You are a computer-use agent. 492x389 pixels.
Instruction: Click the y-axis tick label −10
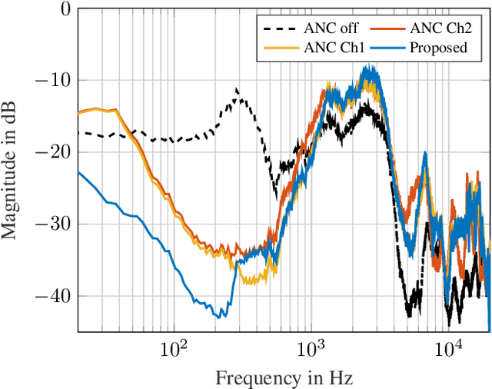pos(55,81)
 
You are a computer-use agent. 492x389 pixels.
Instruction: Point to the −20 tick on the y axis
pos(55,152)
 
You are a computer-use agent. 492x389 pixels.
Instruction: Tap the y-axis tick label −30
pos(55,224)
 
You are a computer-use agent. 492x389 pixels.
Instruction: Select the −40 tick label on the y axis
pos(55,295)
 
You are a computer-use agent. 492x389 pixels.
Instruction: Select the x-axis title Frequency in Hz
pos(284,377)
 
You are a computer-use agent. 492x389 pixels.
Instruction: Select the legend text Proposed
pos(438,48)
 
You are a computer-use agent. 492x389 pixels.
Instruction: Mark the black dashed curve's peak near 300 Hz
pos(237,89)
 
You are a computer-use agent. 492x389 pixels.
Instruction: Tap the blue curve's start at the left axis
pos(78,172)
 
